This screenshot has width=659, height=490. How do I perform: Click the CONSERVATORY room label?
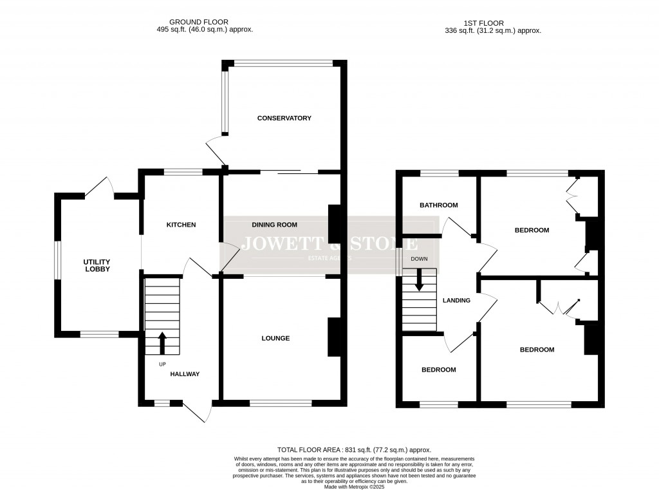(284, 118)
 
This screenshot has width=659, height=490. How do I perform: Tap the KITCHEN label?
(181, 225)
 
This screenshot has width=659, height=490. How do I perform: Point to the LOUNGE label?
(275, 338)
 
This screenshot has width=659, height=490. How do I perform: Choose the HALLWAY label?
(185, 374)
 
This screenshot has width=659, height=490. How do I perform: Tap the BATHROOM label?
(438, 205)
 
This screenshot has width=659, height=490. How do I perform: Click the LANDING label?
(456, 300)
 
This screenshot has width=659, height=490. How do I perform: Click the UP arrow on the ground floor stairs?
(162, 343)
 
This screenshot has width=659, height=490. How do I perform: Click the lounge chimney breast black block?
(334, 337)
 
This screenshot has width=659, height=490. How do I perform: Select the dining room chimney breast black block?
(334, 223)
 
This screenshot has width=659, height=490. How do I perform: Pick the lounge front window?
(281, 404)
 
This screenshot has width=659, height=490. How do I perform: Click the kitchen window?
(183, 172)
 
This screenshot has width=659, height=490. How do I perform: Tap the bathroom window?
(440, 173)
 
